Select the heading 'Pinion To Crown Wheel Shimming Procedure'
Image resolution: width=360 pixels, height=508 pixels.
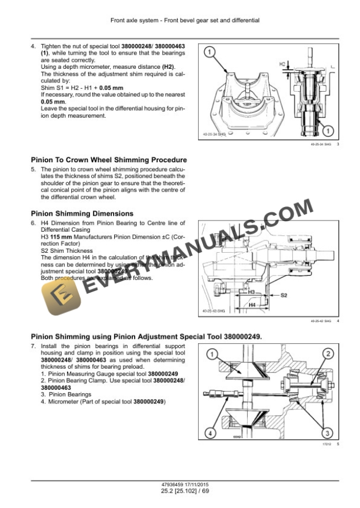[x=108, y=159]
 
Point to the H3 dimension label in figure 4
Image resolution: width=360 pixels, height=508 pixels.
[x=251, y=292]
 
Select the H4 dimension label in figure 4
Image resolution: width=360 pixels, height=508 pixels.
[x=252, y=305]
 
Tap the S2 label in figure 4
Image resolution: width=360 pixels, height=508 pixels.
[x=284, y=295]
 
